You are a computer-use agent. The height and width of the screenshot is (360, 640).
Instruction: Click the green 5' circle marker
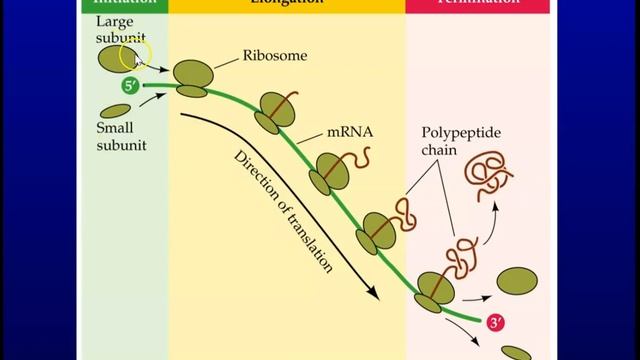point(129,86)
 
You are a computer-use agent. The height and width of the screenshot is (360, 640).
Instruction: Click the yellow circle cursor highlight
point(135,57)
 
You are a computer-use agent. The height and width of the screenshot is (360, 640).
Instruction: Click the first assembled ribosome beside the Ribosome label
point(192,78)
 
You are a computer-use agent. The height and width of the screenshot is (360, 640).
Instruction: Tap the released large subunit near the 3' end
point(514,282)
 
